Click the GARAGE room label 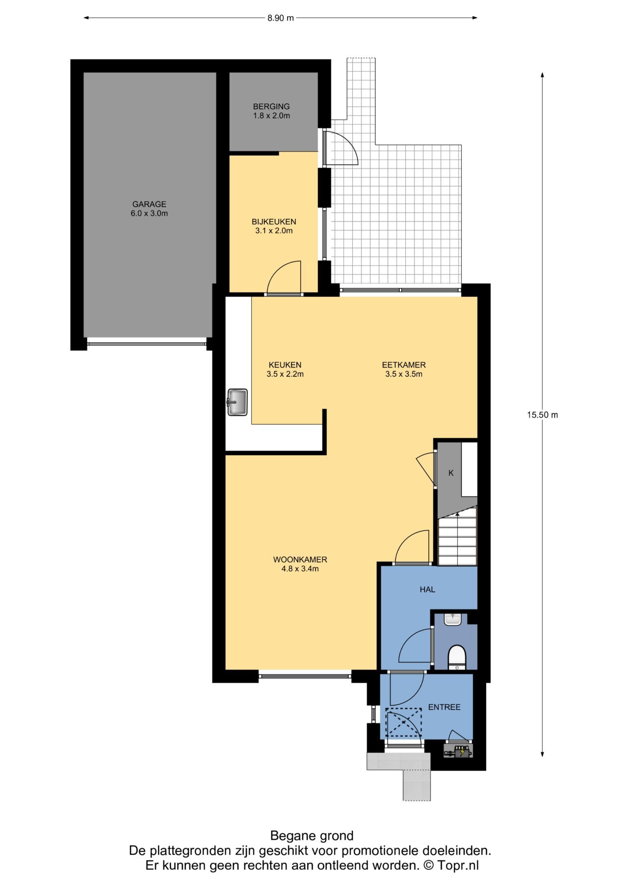(x=149, y=209)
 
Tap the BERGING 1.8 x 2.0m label (x=271, y=111)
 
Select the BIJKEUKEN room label (x=274, y=226)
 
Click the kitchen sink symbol (x=237, y=402)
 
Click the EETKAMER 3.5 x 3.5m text (x=404, y=370)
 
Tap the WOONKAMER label (x=300, y=564)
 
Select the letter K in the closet (x=451, y=473)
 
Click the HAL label (x=427, y=590)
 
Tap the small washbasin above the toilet (x=452, y=619)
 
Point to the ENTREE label (x=444, y=707)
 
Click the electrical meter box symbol (x=459, y=751)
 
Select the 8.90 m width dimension (x=281, y=18)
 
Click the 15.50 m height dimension (x=542, y=415)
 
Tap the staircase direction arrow (x=457, y=515)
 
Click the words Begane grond (x=312, y=836)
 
